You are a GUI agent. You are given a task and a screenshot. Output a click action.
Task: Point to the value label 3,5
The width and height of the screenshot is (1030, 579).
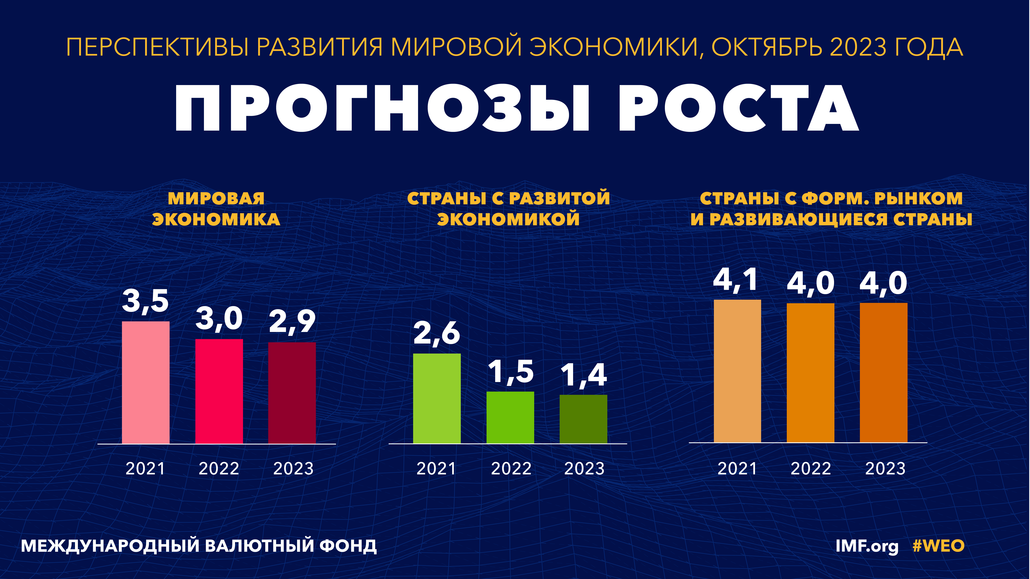145,301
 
